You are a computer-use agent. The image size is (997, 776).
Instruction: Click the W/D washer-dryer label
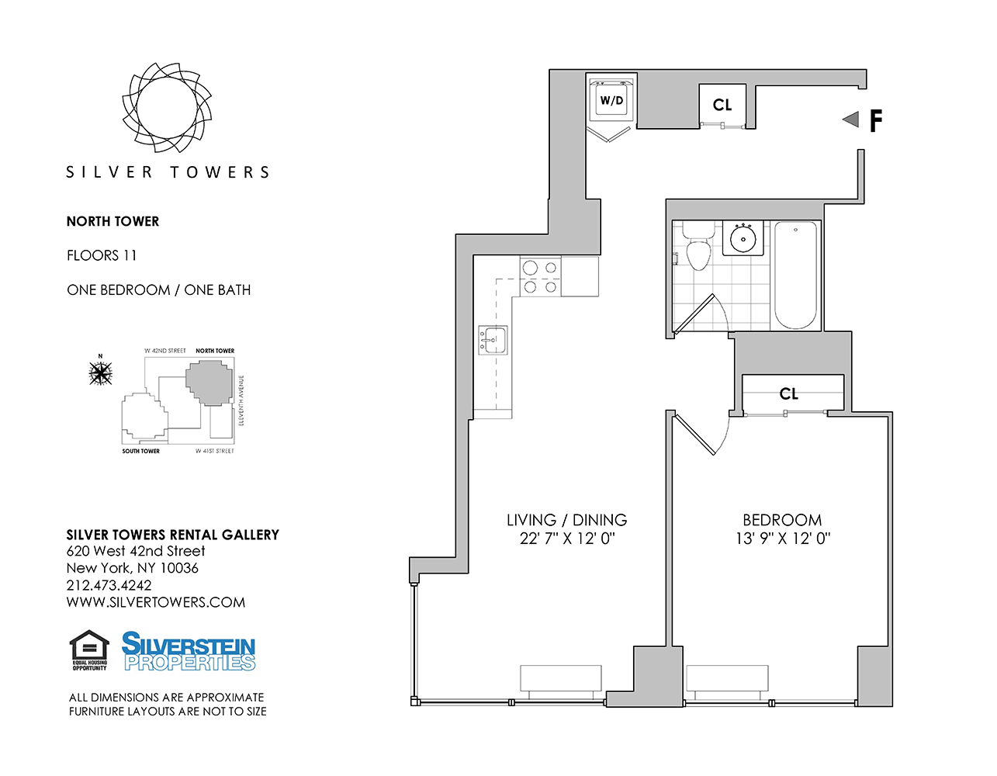(x=611, y=101)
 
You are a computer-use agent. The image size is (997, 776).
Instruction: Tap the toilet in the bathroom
(x=698, y=246)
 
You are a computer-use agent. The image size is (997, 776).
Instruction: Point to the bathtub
(x=795, y=275)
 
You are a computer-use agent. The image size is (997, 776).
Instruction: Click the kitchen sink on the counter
(x=493, y=340)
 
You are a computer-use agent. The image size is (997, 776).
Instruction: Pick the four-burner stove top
(x=540, y=276)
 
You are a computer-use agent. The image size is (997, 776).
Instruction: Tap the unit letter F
(x=875, y=121)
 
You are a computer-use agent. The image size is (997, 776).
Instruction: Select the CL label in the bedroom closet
(x=789, y=393)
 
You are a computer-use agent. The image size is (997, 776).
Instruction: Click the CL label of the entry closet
(x=722, y=105)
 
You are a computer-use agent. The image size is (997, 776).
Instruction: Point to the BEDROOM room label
(x=782, y=520)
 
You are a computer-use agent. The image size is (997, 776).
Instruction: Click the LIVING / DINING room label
(x=566, y=520)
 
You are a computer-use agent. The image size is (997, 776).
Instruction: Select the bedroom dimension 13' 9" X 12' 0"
(x=783, y=538)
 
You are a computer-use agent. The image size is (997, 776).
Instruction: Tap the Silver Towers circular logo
(x=167, y=107)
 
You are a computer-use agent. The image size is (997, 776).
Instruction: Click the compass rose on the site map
(x=101, y=373)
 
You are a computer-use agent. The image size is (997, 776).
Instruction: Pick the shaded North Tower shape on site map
(x=209, y=383)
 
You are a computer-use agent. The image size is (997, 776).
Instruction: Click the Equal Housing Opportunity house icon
(x=89, y=649)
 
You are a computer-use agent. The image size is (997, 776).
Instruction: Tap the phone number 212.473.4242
(x=109, y=585)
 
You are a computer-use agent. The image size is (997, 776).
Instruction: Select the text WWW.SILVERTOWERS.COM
(x=155, y=602)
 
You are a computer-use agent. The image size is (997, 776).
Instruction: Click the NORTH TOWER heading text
(x=113, y=221)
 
